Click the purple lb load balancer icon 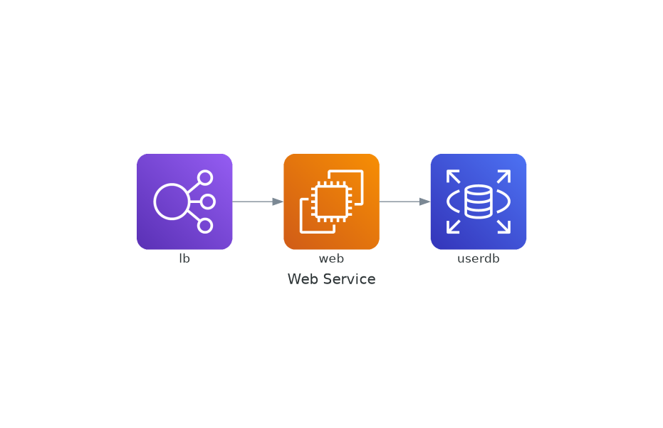(x=184, y=202)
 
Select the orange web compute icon (x=332, y=202)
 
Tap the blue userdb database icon (x=479, y=202)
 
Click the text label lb (x=184, y=259)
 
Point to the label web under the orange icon (x=332, y=259)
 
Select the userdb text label (x=479, y=259)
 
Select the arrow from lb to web (x=258, y=202)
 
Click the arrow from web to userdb (x=405, y=202)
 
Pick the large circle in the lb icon (x=171, y=202)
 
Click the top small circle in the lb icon (x=205, y=177)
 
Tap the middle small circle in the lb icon (x=208, y=202)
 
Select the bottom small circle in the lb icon (x=205, y=226)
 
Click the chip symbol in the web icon (x=332, y=202)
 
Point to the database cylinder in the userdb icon (x=479, y=202)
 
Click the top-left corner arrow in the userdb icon (x=453, y=177)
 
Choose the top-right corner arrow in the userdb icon (x=503, y=177)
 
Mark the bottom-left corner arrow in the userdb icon (x=453, y=226)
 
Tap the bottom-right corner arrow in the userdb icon (x=503, y=226)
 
